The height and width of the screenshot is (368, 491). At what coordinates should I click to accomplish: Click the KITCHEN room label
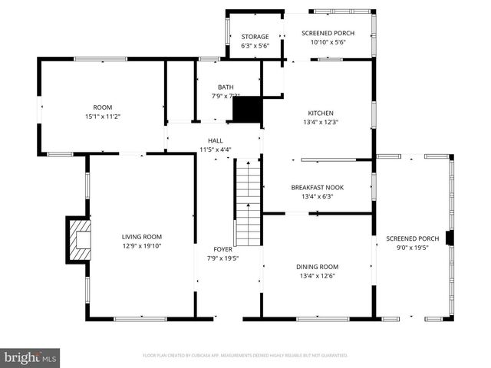[x=321, y=112]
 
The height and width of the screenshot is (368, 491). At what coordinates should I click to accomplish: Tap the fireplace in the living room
[x=78, y=239]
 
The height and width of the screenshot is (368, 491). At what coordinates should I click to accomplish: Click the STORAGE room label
[x=255, y=37]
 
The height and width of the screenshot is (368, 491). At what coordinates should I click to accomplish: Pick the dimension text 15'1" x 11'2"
[x=103, y=117]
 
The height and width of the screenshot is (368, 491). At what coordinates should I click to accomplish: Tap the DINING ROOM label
[x=318, y=267]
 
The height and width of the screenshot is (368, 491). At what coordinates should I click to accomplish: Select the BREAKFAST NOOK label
[x=317, y=187]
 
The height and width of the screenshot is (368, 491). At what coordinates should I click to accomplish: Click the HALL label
[x=216, y=140]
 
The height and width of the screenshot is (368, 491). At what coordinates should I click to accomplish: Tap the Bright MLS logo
[x=31, y=357]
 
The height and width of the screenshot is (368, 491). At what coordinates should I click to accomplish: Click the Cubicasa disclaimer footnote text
[x=245, y=356]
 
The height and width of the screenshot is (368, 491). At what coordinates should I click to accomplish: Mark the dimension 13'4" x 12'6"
[x=318, y=276]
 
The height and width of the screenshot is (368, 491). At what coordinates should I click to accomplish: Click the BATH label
[x=226, y=87]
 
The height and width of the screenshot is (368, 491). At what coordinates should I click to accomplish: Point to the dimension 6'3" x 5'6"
[x=255, y=46]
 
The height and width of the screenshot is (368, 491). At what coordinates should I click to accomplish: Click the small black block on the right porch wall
[x=450, y=238]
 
